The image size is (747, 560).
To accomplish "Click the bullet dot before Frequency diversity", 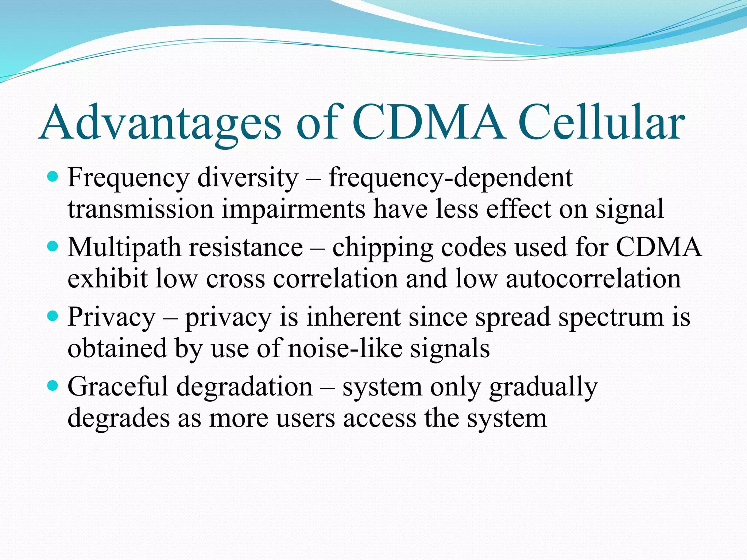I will [53, 178].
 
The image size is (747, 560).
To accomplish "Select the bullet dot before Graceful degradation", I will [53, 386].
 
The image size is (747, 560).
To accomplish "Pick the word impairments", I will [293, 210].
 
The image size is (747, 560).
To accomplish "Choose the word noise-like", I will [345, 348].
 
